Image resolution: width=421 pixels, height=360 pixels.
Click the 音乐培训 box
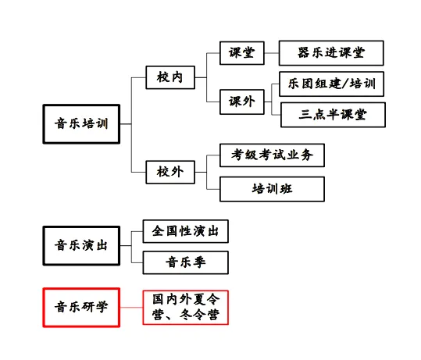81,123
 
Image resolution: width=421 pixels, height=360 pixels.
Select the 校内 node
169,77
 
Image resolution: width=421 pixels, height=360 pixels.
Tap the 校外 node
169,171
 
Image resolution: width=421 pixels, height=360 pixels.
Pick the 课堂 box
241,53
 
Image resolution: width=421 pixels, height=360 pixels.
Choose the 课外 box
241,102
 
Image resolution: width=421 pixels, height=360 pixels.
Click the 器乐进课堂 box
331,53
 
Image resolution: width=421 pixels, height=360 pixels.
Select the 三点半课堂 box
333,115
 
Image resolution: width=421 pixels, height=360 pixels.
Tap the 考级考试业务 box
272,155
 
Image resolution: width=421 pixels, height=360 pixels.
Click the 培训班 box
272,188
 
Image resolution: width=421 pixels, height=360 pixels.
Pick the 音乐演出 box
81,245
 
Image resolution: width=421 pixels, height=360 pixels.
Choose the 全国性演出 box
185,231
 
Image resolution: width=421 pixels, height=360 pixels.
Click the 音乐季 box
185,262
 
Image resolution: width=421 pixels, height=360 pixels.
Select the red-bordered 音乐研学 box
81,306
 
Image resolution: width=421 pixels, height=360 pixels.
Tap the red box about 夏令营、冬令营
185,307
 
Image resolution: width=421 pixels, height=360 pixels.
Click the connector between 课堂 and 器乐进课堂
272,53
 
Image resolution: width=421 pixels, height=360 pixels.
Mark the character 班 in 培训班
286,188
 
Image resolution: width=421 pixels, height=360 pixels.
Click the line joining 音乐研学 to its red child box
131,306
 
